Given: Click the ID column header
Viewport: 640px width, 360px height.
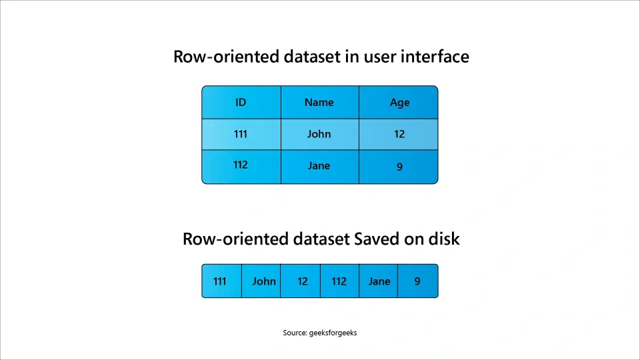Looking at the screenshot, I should (241, 103).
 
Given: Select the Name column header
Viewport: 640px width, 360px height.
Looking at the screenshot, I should (319, 103).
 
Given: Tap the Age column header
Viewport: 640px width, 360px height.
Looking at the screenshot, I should (399, 103).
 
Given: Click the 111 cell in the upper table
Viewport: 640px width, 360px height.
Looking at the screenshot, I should (241, 134).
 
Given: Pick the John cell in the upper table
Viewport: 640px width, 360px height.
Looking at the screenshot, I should (319, 134).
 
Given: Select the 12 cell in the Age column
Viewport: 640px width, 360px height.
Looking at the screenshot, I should (399, 134).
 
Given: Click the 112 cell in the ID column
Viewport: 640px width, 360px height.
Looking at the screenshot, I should (241, 165).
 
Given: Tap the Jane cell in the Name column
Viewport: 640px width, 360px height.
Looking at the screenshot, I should (319, 166).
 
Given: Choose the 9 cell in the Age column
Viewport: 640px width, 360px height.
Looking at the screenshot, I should (399, 167).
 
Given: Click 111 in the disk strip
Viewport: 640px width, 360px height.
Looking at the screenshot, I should (220, 281).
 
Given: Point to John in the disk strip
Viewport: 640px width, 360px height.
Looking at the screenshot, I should (264, 281).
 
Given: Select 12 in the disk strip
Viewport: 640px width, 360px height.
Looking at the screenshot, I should (303, 281).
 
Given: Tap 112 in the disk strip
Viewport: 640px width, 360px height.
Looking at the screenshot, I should (339, 281).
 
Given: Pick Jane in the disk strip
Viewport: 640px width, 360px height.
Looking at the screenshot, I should (379, 281).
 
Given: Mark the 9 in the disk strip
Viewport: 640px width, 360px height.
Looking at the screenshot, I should (417, 281).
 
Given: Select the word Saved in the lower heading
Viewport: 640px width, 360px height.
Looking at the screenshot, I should (378, 239).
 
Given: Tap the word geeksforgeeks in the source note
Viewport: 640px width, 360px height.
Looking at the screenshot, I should (333, 333).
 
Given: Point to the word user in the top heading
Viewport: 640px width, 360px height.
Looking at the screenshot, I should (379, 57).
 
